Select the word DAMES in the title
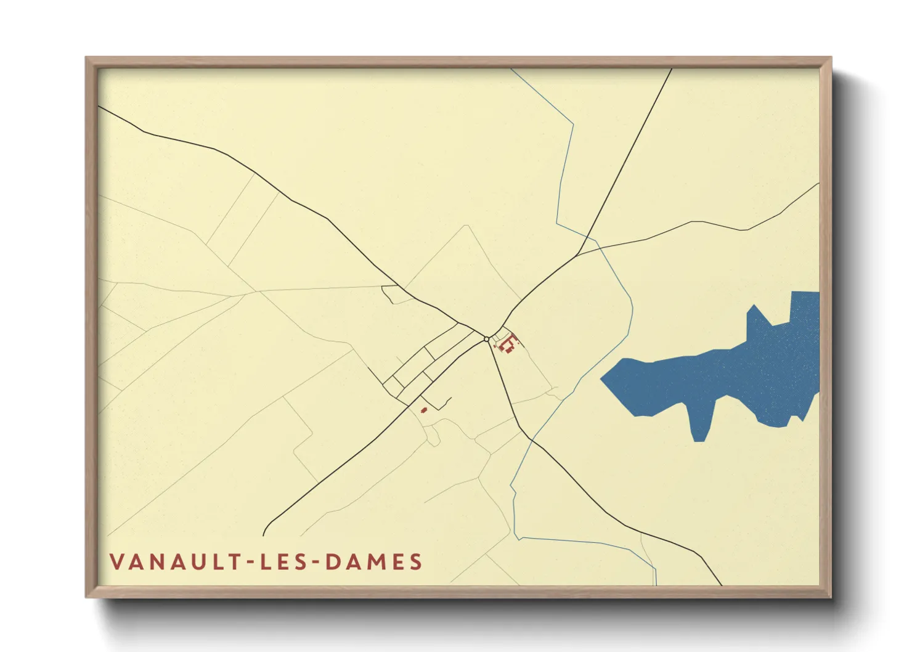(373, 562)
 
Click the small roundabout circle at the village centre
(487, 339)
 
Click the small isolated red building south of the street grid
(424, 410)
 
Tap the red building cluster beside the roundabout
(508, 343)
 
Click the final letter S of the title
(417, 562)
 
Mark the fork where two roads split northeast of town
(578, 254)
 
